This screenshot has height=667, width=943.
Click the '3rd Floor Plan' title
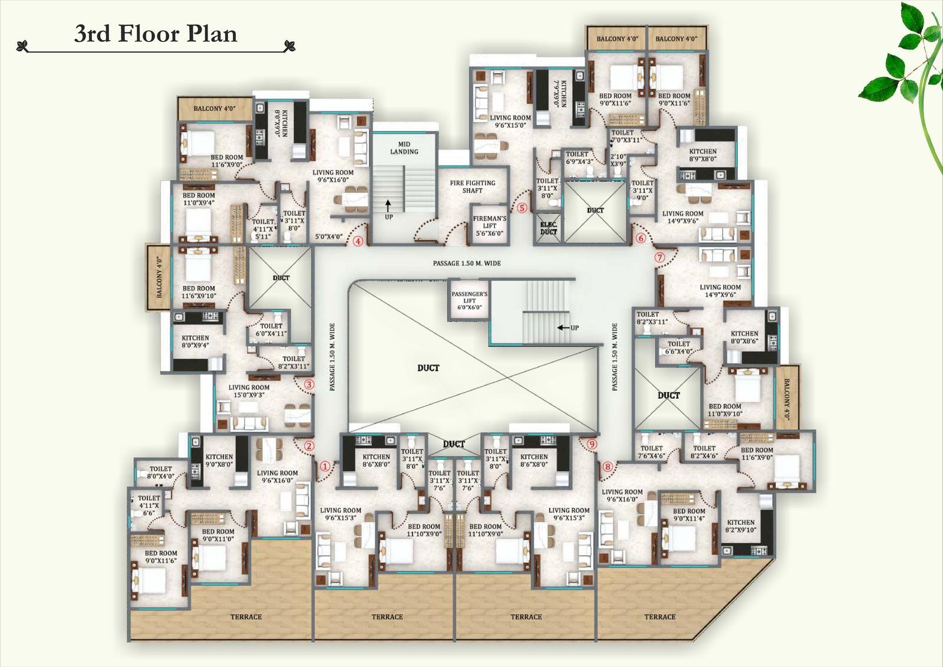click(156, 34)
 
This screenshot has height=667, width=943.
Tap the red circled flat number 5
click(522, 208)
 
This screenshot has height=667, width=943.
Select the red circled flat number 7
click(660, 257)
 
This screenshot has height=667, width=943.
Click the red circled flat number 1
click(324, 466)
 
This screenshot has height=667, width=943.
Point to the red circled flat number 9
click(592, 444)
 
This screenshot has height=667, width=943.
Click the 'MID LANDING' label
click(404, 148)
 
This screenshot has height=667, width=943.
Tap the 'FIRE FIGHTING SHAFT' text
click(472, 186)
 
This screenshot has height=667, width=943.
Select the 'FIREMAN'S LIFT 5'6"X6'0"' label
click(489, 226)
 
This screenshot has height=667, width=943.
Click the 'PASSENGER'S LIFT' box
click(469, 301)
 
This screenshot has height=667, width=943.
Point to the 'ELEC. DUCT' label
click(548, 228)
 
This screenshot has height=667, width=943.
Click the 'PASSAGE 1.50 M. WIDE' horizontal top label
click(467, 263)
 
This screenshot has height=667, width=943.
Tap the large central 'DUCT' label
click(428, 368)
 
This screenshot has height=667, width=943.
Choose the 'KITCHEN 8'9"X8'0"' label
click(703, 155)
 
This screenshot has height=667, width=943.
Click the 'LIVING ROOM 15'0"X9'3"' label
click(249, 392)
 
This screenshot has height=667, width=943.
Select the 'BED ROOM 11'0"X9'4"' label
click(199, 199)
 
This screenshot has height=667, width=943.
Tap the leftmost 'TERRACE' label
click(246, 617)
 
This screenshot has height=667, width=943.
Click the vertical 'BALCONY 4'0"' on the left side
click(159, 277)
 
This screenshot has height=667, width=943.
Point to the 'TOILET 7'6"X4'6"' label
click(651, 452)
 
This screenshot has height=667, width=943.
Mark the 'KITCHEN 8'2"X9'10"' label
click(740, 526)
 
